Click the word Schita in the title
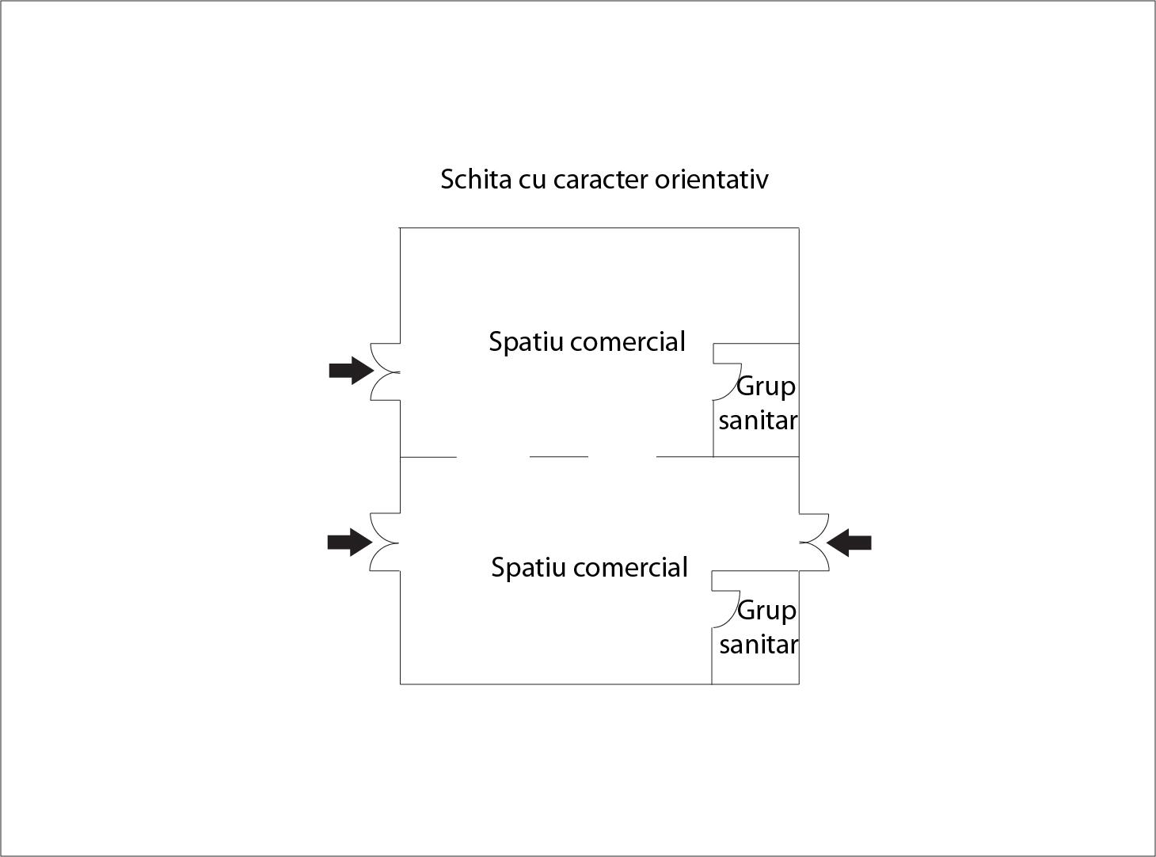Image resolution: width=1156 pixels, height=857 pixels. coord(476,179)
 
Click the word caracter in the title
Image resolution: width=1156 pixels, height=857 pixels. coord(601,180)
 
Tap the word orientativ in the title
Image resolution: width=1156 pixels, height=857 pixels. coord(712,180)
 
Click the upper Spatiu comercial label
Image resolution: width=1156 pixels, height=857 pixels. coord(587,342)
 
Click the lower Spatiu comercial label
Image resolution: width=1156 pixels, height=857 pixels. coord(589,568)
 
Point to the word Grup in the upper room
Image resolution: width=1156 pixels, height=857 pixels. coord(766,387)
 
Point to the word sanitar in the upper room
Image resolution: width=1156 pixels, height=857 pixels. coord(758,421)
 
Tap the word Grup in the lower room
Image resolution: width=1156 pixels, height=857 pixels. coord(766,611)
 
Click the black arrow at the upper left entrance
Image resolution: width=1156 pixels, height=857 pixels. coord(352,371)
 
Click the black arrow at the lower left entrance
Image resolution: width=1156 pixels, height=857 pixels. coord(350,543)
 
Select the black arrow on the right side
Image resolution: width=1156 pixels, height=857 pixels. coord(849,543)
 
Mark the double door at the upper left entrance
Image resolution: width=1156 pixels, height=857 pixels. coord(385,372)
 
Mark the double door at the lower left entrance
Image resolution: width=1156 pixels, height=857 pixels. coord(385,542)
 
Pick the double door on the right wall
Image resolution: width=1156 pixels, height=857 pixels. coord(814,542)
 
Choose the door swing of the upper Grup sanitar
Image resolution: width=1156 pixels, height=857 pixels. coord(727,382)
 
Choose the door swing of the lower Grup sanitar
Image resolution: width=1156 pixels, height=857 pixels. coord(726,609)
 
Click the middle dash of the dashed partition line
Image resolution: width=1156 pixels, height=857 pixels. coord(559,457)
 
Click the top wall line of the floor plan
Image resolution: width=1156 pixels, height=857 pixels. coord(599,228)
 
